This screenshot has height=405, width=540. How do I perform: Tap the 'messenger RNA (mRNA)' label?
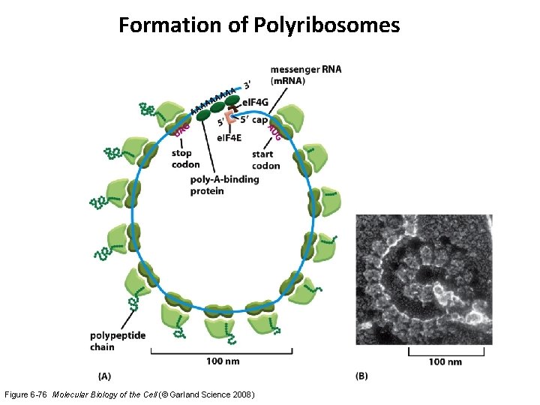point(305,75)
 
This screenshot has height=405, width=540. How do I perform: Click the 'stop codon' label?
point(185,159)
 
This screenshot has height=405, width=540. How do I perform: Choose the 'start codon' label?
point(266,160)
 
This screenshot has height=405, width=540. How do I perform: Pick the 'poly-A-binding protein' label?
point(224,184)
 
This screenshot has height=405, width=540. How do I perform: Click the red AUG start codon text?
point(274,132)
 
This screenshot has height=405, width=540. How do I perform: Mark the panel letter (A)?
point(106,375)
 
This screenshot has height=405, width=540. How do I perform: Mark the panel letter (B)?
point(361,375)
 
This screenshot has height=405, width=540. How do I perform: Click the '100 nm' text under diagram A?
point(223,361)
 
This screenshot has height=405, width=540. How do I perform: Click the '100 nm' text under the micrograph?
point(445,361)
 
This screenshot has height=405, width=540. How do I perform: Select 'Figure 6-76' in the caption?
point(29,394)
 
